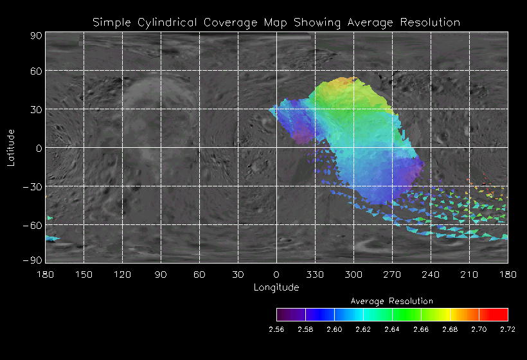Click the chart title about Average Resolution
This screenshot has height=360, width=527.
click(276, 22)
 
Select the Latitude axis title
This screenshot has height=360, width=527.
click(11, 147)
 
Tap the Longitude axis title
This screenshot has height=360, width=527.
click(276, 287)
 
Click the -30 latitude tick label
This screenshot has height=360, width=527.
click(34, 186)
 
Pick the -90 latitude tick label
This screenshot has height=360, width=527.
click(34, 259)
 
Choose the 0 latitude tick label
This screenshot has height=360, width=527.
click(39, 148)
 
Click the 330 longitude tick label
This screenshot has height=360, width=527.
click(315, 274)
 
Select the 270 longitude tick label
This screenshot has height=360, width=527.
click(392, 274)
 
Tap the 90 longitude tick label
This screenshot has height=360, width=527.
click(161, 274)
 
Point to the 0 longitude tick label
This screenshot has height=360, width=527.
click(276, 274)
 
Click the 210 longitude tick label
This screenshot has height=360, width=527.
click(469, 274)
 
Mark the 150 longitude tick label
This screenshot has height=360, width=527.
click(84, 274)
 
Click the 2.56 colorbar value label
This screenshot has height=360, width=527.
click(276, 329)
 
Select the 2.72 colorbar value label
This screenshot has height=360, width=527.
click(508, 329)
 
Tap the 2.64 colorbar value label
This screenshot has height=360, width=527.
click(392, 329)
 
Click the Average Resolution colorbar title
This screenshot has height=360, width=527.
click(392, 301)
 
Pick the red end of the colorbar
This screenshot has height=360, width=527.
click(501, 314)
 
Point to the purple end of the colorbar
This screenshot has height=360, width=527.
click(283, 314)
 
